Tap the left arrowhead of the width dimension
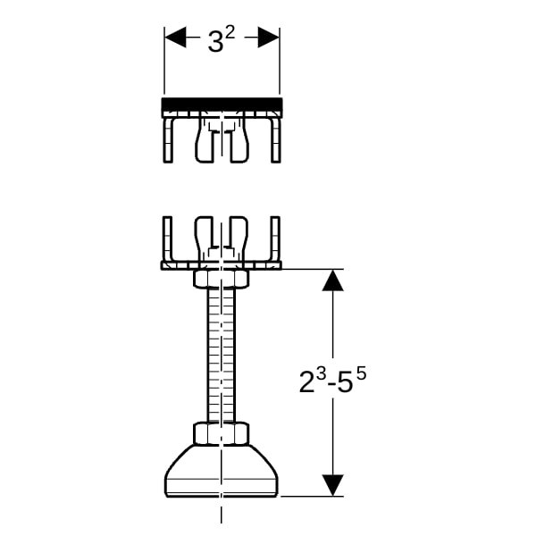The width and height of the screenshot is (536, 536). (x=175, y=37)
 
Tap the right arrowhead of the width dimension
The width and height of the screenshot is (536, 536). (x=269, y=37)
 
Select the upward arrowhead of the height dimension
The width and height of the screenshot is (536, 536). (x=332, y=281)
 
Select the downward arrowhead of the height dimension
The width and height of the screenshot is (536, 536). (x=332, y=485)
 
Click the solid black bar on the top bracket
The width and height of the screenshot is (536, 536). (x=222, y=105)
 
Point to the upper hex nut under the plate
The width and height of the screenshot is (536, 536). (x=222, y=279)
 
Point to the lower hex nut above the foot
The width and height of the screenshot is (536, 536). (x=222, y=434)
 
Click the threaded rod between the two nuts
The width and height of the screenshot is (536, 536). (x=222, y=356)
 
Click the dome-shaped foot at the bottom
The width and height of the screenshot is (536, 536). (x=222, y=471)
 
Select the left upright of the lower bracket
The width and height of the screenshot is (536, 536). (x=168, y=239)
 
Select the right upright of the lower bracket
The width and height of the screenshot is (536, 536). (x=275, y=239)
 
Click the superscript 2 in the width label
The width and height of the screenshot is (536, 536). (x=230, y=33)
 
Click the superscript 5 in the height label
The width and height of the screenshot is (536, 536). (x=361, y=374)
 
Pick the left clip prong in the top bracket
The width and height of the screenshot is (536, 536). (x=204, y=140)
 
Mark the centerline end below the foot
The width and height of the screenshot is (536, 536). (x=222, y=523)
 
